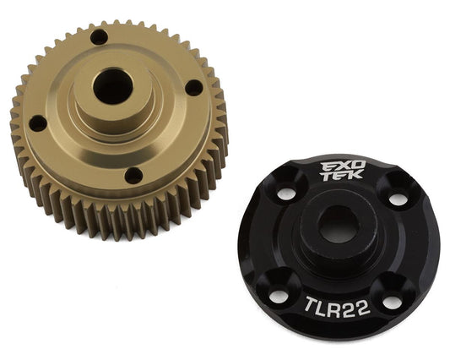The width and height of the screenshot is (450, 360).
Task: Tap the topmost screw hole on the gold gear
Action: [100, 37]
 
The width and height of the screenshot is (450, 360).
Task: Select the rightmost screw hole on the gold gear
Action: [193, 87]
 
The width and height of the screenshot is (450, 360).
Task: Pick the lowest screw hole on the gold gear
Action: [133, 176]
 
